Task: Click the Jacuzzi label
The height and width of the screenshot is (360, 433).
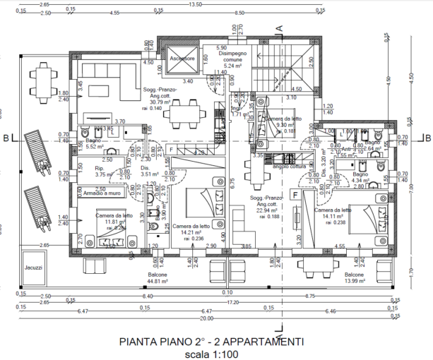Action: pyautogui.click(x=32, y=268)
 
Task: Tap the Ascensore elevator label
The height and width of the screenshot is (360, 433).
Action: pyautogui.click(x=182, y=59)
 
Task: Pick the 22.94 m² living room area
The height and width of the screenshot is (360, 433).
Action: pyautogui.click(x=266, y=210)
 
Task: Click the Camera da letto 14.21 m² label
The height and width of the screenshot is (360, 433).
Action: pyautogui.click(x=191, y=229)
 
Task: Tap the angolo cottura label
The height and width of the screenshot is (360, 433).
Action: pyautogui.click(x=274, y=166)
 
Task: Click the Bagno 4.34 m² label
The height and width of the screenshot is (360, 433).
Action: pyautogui.click(x=360, y=178)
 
